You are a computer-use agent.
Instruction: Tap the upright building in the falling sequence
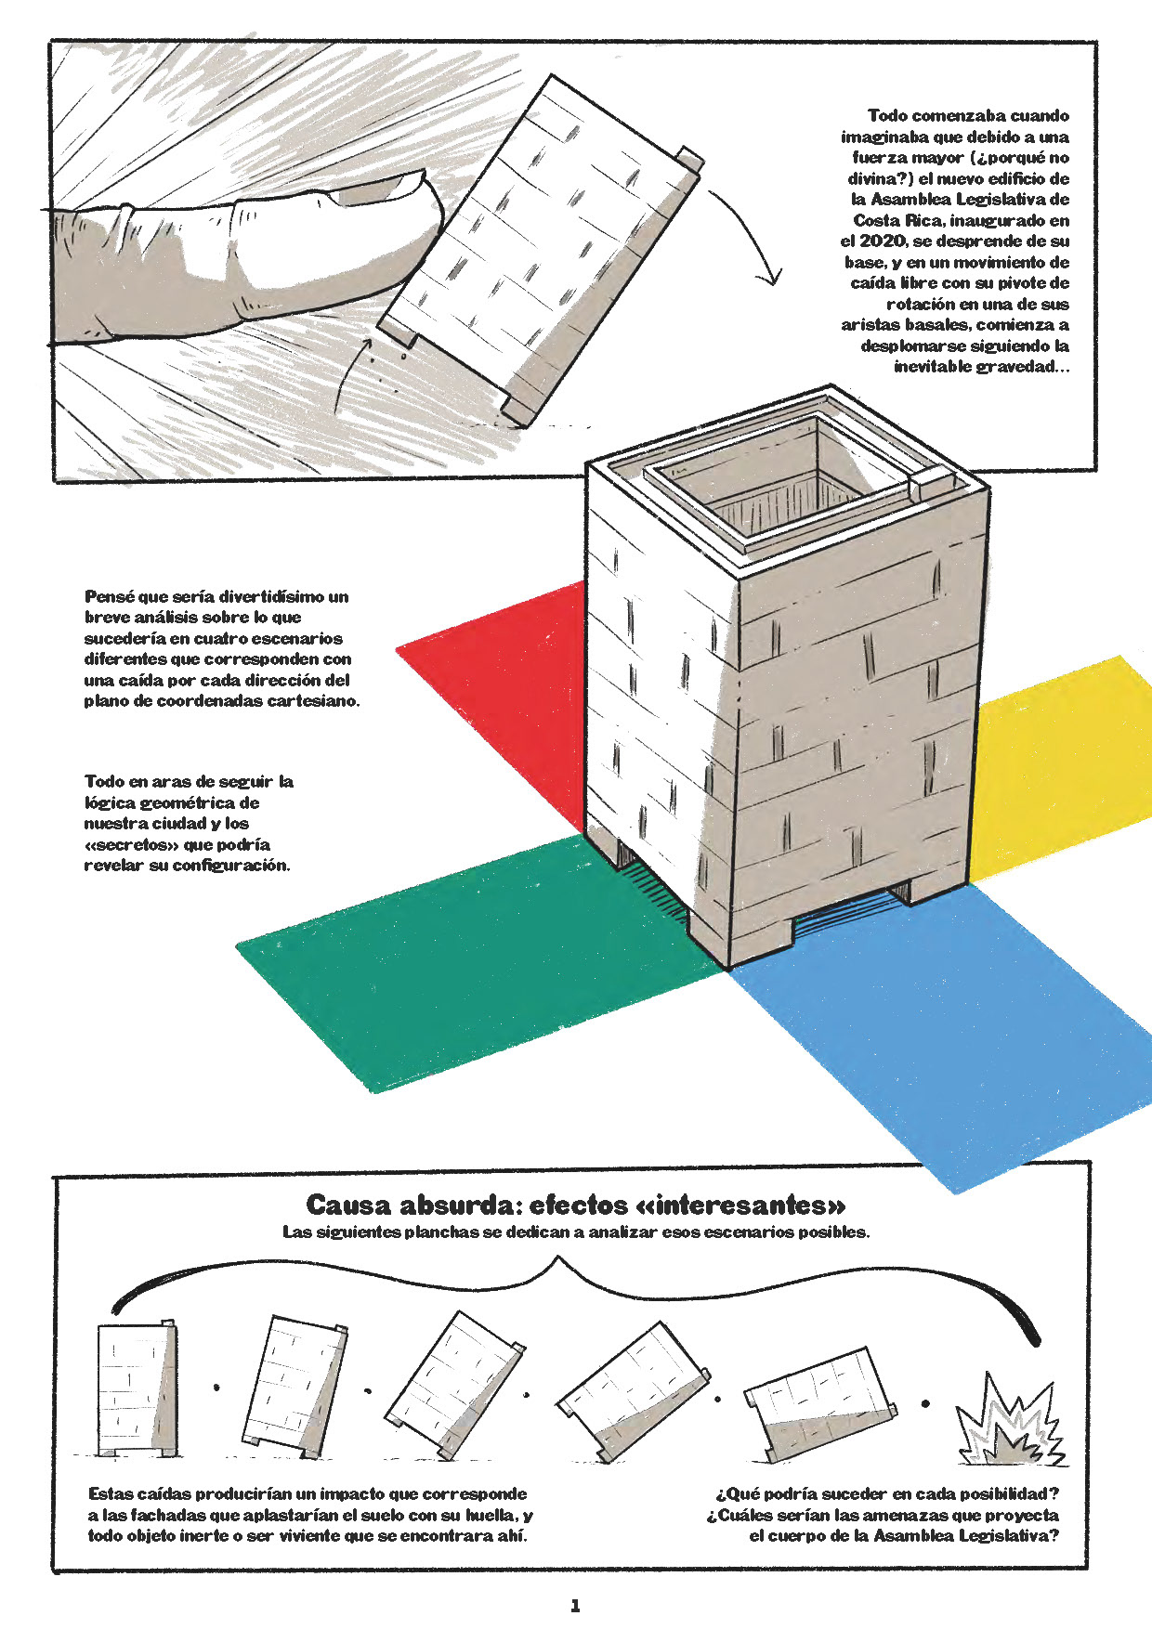pyautogui.click(x=136, y=1388)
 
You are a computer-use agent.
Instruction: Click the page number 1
pyautogui.click(x=575, y=1606)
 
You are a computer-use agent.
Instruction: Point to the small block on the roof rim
pyautogui.click(x=930, y=485)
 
